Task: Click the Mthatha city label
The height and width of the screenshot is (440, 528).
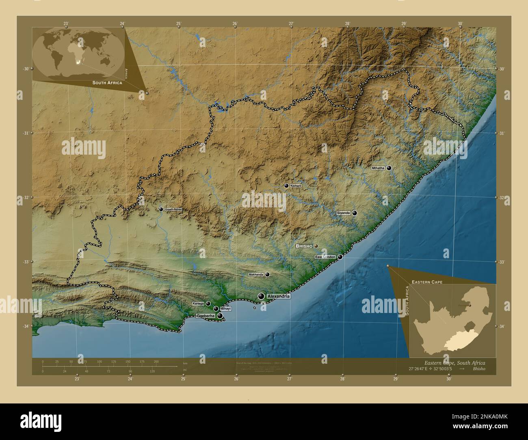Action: coord(378,168)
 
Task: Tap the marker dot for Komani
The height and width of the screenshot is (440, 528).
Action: coord(286,186)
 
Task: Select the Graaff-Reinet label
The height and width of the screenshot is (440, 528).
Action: coord(173,209)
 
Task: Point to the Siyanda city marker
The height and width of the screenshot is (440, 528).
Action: coord(355,213)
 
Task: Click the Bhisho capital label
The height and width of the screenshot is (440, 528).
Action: coord(304,246)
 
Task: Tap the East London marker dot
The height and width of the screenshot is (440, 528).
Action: coord(340,257)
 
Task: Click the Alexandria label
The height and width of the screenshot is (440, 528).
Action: coord(278,297)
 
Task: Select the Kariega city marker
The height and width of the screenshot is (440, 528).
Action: coord(208,303)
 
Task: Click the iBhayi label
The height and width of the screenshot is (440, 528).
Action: coord(225,309)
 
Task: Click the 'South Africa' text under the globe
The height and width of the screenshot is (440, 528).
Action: coord(107,83)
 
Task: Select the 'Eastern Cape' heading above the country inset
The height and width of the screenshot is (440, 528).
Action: coord(427,281)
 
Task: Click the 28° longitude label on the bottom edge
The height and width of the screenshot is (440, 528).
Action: coord(342,380)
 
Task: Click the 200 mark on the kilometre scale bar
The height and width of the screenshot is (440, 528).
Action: coord(156,361)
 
